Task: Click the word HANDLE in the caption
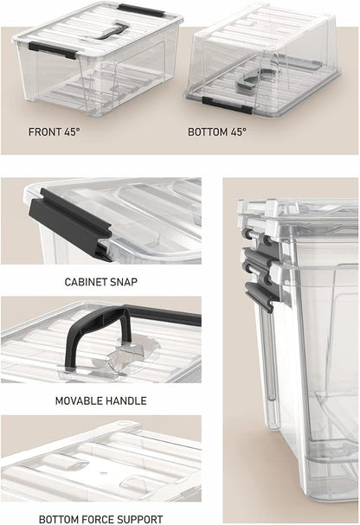126,400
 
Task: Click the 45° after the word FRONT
73,131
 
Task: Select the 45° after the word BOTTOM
239,131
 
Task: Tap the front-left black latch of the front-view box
53,50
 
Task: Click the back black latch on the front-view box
141,10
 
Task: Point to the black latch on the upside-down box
227,105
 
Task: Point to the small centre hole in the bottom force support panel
104,473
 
